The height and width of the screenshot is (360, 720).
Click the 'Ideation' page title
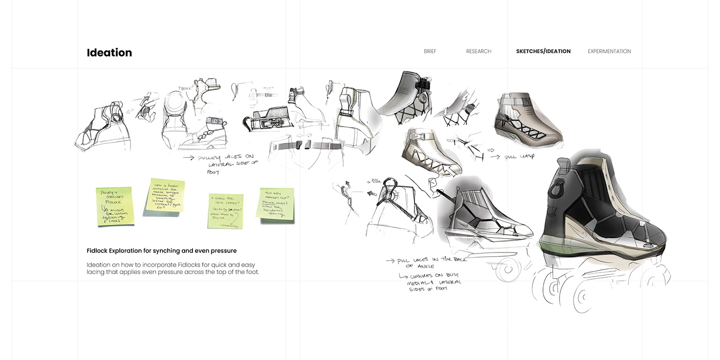pos(109,52)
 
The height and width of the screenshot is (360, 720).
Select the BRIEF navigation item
pos(430,51)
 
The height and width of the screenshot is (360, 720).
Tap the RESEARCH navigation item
pos(478,51)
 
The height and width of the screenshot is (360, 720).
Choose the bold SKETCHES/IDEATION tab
pos(543,51)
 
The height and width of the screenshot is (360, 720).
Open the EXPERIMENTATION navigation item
pos(609,51)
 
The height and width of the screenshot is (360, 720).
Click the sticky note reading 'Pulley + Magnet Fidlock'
pos(115,206)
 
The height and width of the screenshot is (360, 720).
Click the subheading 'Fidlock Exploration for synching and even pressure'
pos(161,251)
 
